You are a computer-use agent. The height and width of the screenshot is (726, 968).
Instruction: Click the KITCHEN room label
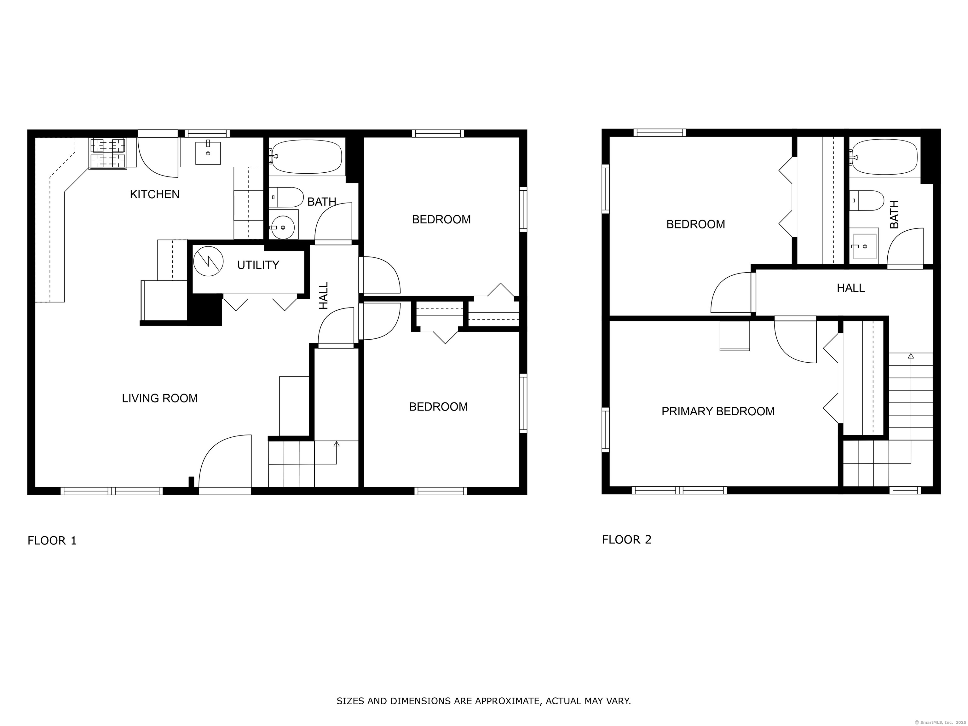[x=154, y=194]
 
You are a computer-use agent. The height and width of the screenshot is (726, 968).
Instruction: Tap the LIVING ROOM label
[x=160, y=398]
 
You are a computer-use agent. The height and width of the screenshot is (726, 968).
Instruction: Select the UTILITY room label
[x=258, y=265]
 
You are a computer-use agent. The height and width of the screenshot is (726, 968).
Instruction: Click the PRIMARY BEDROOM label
[x=718, y=411]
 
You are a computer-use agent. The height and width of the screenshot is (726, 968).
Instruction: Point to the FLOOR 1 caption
[x=52, y=541]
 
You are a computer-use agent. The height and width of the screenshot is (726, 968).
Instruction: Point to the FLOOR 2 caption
[x=627, y=539]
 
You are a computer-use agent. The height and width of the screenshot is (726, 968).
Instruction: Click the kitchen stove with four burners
[x=108, y=153]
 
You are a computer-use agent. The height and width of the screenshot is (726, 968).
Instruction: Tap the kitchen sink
[x=208, y=152]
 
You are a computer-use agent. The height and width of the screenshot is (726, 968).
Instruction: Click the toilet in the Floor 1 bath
[x=286, y=197]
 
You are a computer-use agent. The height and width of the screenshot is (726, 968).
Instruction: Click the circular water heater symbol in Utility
[x=208, y=261]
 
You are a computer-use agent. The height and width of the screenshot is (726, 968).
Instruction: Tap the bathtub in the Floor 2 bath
[x=884, y=157]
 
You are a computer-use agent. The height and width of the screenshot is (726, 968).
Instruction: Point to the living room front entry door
[x=225, y=464]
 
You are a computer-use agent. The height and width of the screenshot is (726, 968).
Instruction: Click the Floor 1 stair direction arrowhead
[x=336, y=444]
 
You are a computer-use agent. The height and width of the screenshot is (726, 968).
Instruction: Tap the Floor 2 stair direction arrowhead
[x=911, y=356]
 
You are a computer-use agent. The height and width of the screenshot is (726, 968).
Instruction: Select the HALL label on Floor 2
[x=851, y=288]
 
